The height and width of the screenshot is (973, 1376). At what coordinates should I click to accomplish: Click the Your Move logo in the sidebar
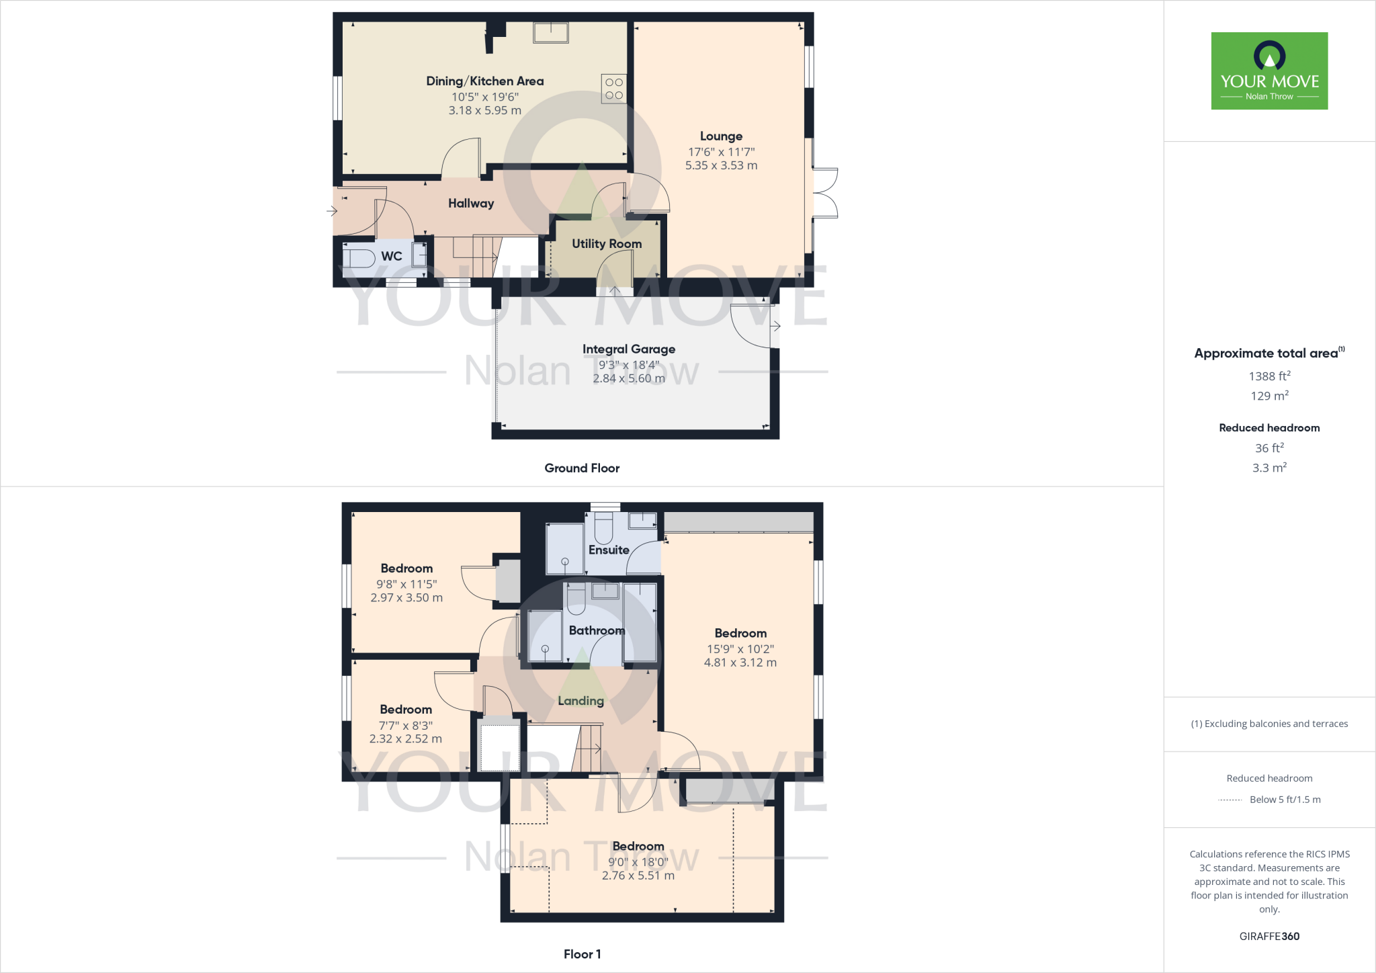click(1269, 71)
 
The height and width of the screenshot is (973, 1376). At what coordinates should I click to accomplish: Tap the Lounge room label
click(721, 136)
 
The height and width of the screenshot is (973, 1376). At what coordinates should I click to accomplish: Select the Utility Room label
click(607, 244)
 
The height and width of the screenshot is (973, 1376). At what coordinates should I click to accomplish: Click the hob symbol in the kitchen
click(614, 89)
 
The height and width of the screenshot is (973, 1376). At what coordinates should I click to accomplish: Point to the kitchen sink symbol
click(551, 32)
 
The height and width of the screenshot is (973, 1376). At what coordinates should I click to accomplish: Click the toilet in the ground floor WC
click(359, 257)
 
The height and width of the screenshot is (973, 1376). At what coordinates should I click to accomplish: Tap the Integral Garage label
click(629, 349)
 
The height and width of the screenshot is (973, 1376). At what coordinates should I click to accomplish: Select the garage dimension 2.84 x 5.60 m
click(629, 378)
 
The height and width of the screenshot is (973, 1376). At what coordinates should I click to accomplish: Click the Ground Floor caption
click(582, 468)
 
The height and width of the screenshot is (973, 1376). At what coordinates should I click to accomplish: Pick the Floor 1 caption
click(582, 954)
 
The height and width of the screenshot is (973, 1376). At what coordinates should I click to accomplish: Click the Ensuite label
click(609, 550)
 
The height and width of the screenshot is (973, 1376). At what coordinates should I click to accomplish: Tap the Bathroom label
click(597, 630)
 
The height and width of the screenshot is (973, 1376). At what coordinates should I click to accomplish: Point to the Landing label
click(580, 701)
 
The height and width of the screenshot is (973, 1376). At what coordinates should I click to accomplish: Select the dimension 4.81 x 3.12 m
click(740, 663)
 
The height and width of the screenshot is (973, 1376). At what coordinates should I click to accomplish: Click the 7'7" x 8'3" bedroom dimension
click(406, 726)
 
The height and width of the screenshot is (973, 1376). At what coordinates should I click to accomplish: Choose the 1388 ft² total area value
click(1269, 376)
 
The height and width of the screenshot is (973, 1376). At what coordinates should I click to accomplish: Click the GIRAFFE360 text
click(1269, 936)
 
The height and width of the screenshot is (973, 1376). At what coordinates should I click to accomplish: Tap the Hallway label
click(471, 204)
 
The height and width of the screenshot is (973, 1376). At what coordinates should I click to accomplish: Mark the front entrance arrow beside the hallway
click(332, 211)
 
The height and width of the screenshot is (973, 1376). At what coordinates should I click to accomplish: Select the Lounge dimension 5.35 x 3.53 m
click(721, 165)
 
